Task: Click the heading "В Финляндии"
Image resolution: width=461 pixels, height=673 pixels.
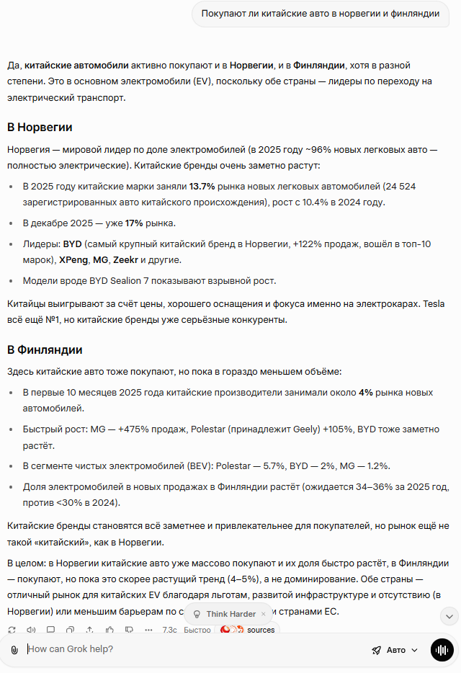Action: point(45,350)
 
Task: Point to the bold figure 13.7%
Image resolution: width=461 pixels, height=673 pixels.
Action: point(202,187)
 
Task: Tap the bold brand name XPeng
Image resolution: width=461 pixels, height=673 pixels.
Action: point(73,259)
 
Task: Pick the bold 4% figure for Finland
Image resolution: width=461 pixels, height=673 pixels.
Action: point(366,393)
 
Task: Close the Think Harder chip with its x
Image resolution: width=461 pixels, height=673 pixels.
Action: point(264,614)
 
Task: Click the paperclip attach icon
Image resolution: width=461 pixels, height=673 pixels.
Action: point(14,650)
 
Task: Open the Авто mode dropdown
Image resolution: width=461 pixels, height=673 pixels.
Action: point(395,650)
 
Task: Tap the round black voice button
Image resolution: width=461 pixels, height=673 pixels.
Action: point(442,650)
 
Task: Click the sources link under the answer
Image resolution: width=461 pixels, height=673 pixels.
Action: point(260,630)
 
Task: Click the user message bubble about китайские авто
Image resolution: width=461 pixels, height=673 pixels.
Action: point(321,14)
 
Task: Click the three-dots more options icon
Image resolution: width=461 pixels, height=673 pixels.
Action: point(148,630)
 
